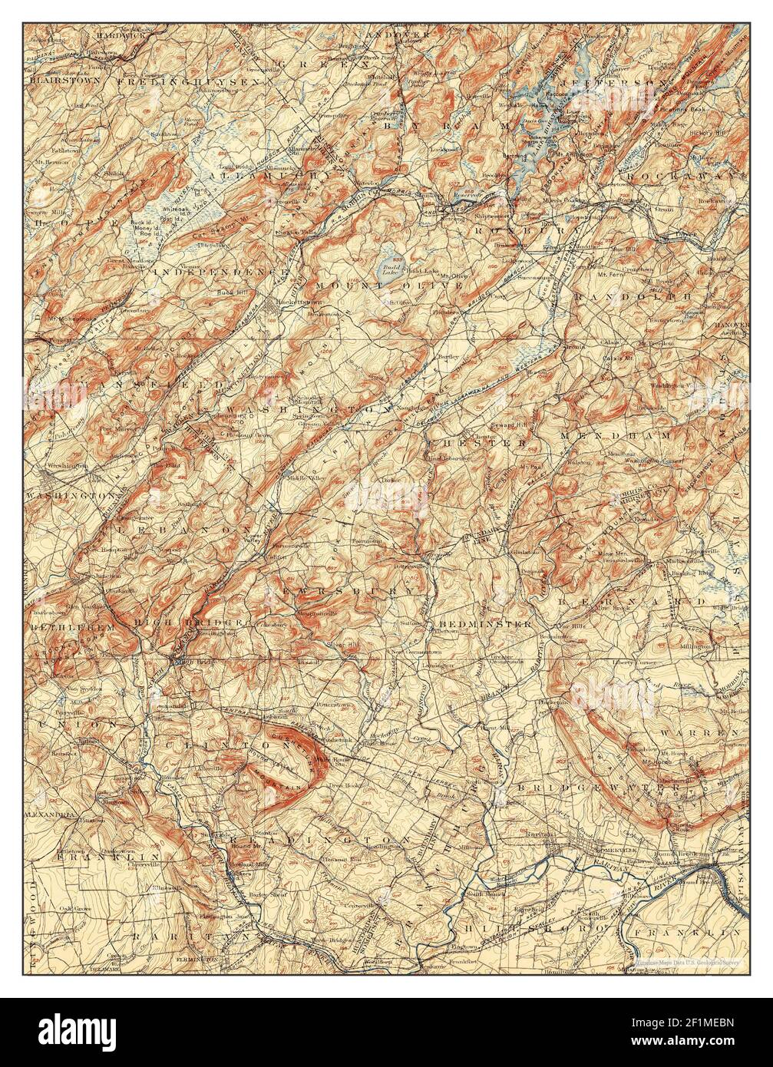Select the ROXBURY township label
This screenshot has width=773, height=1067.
pos(507,229)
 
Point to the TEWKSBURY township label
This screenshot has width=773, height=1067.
pos(343,591)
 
